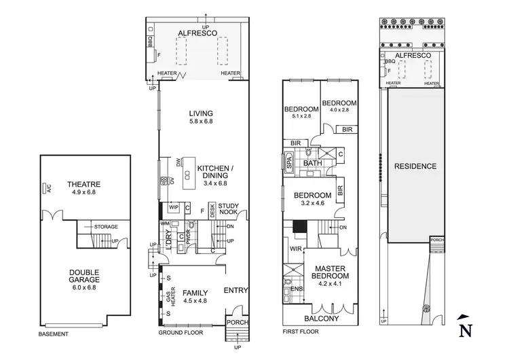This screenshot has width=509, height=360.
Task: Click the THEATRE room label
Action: pyautogui.click(x=84, y=184)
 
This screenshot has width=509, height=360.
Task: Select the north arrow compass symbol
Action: pyautogui.click(x=465, y=327)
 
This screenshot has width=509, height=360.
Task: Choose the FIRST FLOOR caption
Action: pyautogui.click(x=300, y=332)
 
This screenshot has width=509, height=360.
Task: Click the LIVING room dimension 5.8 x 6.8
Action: pyautogui.click(x=202, y=122)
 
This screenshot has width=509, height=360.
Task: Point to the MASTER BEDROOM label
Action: pyautogui.click(x=330, y=272)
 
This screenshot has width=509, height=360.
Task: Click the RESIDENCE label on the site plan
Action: pyautogui.click(x=415, y=166)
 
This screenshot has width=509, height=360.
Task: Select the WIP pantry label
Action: pyautogui.click(x=173, y=207)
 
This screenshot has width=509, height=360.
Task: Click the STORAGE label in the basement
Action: pyautogui.click(x=106, y=226)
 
